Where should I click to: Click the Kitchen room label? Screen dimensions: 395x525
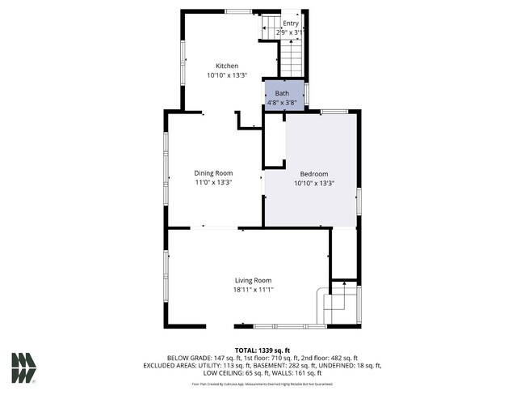226,66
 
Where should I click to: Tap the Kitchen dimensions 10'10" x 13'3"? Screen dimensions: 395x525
226,74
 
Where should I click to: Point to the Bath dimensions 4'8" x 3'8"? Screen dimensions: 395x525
282,103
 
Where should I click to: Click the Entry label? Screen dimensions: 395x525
291,23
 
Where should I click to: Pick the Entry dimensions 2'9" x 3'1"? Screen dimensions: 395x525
291,32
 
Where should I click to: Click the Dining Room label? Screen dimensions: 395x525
213,173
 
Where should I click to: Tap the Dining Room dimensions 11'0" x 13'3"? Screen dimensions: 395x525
213,182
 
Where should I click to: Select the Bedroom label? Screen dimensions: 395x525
314,174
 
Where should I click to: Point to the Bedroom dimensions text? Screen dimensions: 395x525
314,183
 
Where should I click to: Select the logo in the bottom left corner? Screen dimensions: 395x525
23,367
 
